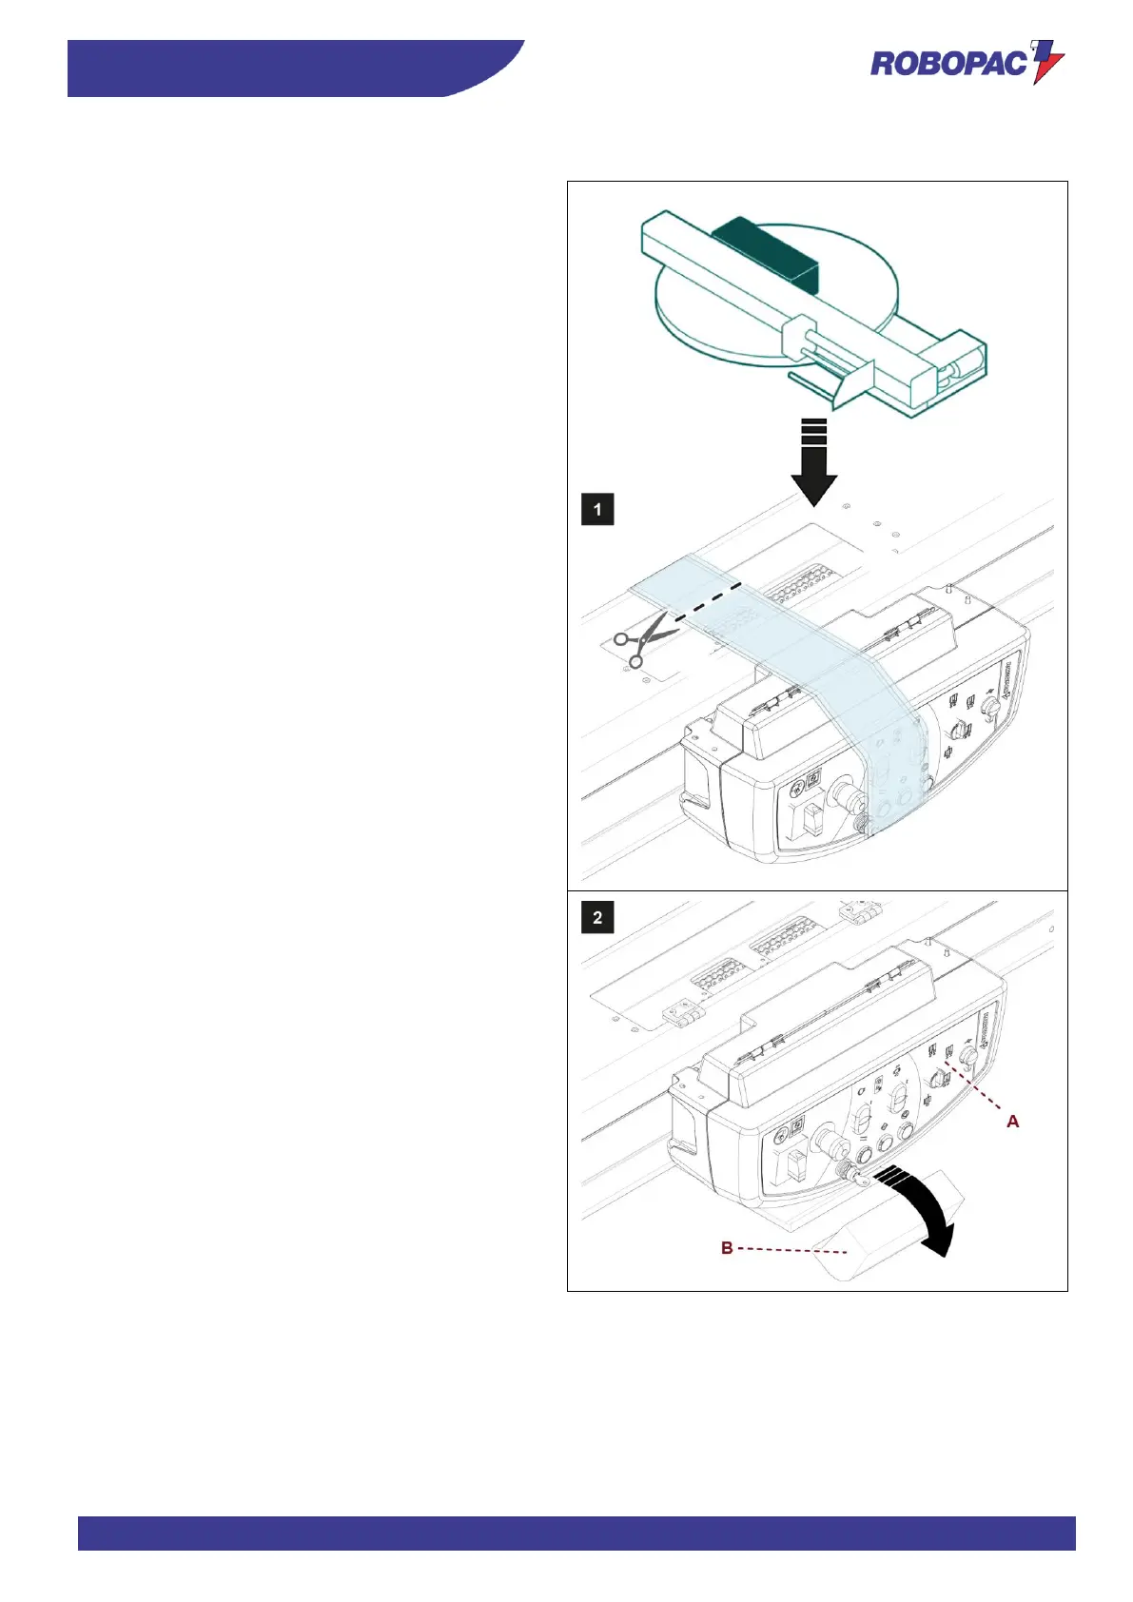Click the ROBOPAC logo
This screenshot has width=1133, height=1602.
point(967,63)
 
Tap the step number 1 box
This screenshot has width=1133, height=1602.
point(597,509)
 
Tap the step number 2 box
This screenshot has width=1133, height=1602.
point(597,917)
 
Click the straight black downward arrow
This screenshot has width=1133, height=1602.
point(814,461)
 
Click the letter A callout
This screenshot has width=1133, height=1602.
point(1013,1122)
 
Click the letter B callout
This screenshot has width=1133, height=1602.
point(727,1247)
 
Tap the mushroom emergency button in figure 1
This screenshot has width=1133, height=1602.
point(845,793)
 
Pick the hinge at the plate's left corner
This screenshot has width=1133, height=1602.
point(684,1012)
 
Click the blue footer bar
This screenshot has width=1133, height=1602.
point(576,1533)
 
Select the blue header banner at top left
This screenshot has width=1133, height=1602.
point(285,68)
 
